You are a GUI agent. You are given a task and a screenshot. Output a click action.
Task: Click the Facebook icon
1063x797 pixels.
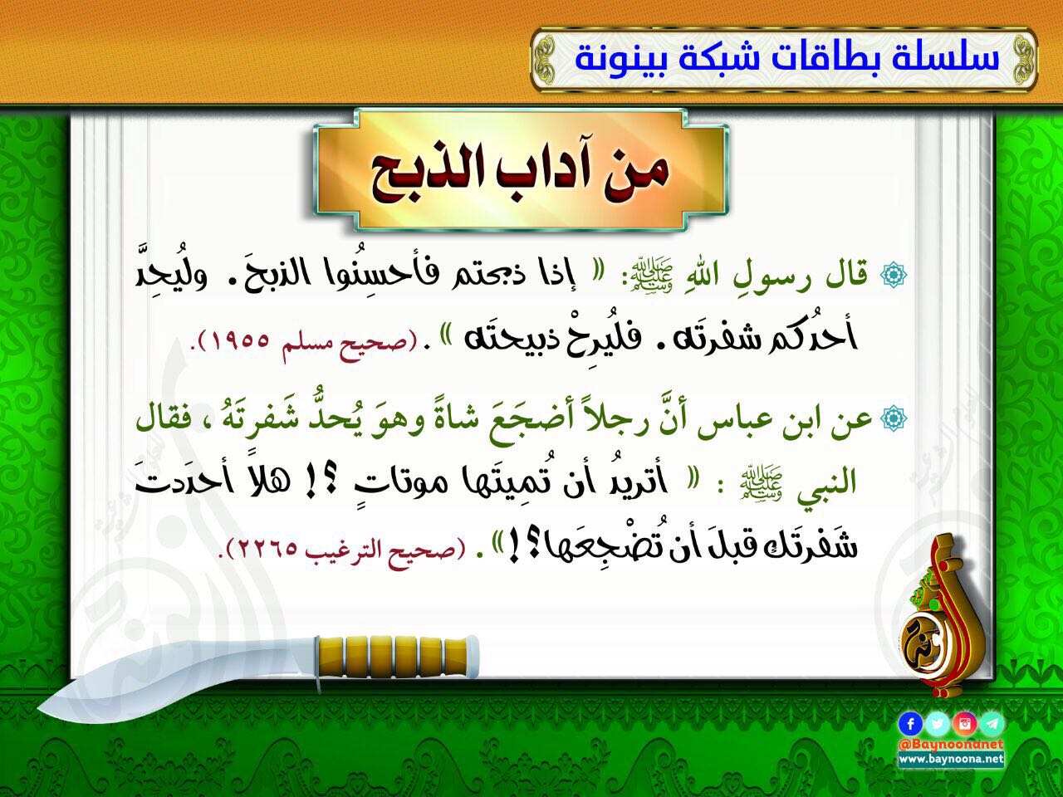coord(910,724)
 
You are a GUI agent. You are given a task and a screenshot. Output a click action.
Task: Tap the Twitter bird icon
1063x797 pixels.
coord(938,724)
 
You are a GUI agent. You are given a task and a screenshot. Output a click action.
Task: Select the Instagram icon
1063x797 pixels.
coord(965,724)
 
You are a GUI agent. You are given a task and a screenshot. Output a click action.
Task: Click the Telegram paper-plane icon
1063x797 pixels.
coord(992,724)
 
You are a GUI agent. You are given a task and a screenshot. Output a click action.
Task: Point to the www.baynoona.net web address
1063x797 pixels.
coord(951,760)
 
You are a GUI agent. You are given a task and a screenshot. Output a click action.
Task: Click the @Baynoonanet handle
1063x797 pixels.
coord(951,745)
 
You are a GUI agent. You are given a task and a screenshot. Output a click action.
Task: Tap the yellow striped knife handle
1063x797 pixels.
coord(398,657)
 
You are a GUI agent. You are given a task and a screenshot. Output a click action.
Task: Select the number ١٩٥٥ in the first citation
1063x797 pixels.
coord(241,342)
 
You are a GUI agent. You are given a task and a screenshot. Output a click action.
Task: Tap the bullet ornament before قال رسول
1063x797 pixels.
coord(894,274)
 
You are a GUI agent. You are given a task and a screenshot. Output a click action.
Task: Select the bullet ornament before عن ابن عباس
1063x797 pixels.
coord(894,418)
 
